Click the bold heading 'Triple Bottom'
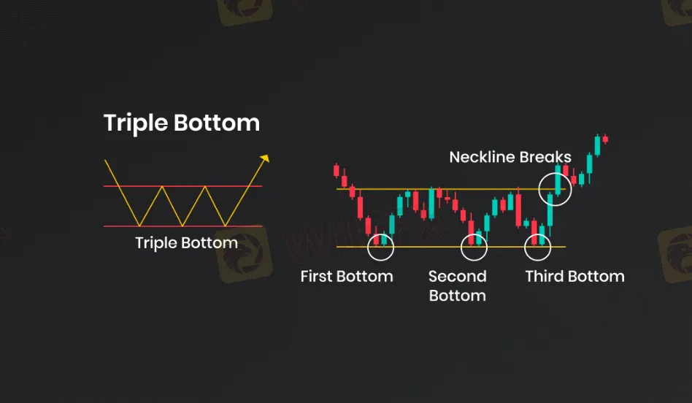[x=181, y=123]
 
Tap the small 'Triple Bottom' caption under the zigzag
[x=186, y=243]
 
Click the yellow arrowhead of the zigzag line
[x=265, y=158]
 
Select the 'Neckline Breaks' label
[x=510, y=157]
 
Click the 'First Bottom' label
[x=347, y=276]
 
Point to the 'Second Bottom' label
[x=457, y=285]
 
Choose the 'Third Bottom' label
[x=574, y=276]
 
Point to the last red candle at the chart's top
[x=605, y=139]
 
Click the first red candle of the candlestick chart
[x=337, y=170]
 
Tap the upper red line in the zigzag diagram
[x=182, y=186]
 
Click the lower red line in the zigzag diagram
[x=182, y=226]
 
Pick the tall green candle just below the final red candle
[x=597, y=145]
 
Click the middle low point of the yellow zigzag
[x=182, y=226]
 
